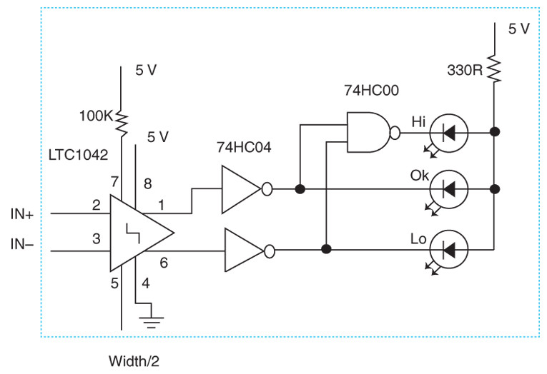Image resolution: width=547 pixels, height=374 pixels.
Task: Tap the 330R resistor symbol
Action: coord(493,69)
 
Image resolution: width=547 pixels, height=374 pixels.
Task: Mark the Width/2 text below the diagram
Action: coord(134,361)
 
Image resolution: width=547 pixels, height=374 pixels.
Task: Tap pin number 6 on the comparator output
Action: coord(163,263)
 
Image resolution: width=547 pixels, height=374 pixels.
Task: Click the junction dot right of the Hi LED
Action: coord(493,132)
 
